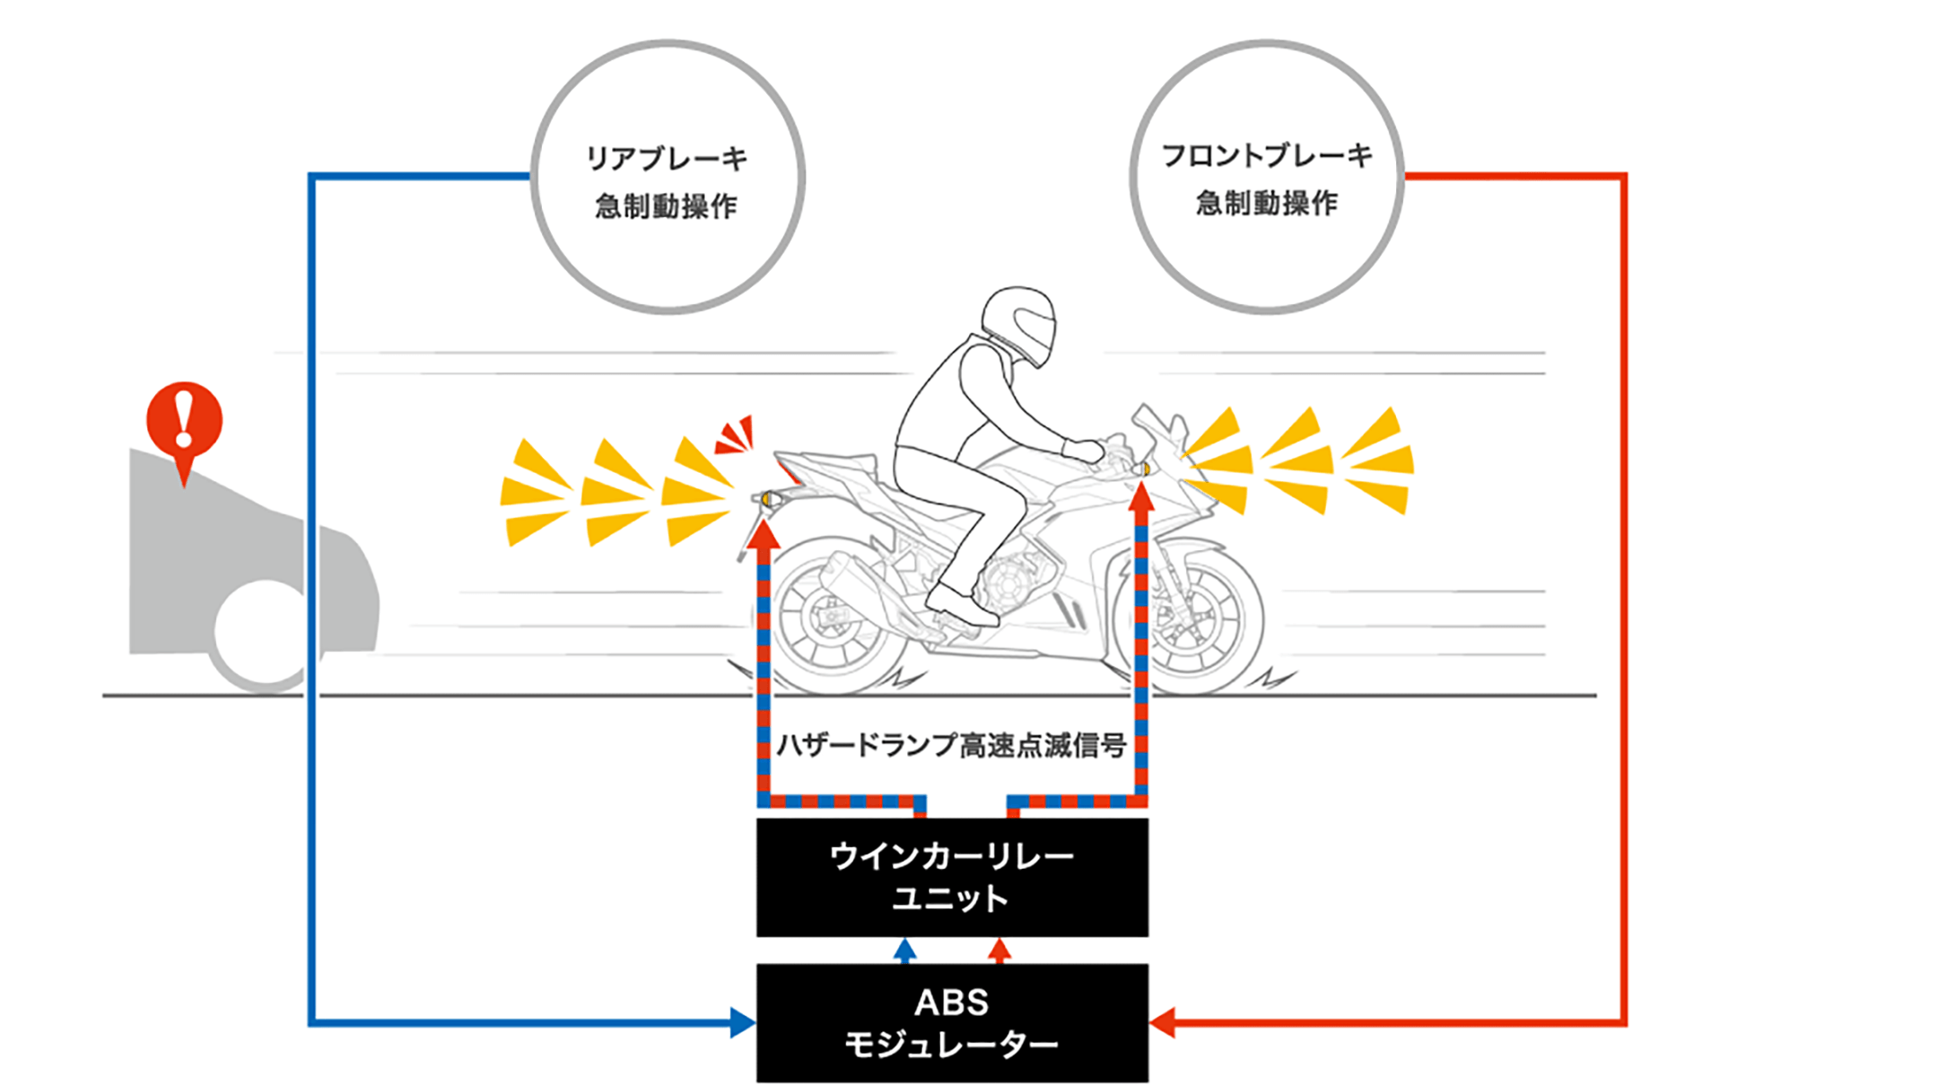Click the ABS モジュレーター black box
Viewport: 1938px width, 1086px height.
click(x=952, y=1022)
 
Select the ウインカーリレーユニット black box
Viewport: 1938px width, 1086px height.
click(x=952, y=877)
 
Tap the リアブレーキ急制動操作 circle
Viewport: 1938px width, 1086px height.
click(x=668, y=178)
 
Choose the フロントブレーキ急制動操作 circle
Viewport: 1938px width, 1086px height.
click(x=1266, y=178)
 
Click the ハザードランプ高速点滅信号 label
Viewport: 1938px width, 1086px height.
click(x=951, y=745)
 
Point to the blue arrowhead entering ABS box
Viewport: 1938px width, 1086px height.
click(x=742, y=1022)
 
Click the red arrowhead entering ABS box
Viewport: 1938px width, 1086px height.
click(x=1162, y=1022)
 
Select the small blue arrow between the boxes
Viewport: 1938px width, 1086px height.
click(x=905, y=950)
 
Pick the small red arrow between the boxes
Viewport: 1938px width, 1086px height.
click(x=1000, y=950)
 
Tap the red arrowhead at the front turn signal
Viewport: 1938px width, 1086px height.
click(x=1141, y=496)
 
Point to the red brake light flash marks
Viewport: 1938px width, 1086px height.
click(x=736, y=435)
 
